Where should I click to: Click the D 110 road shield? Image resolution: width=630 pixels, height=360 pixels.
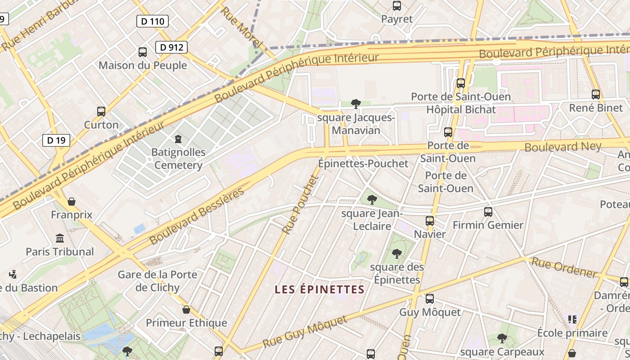[152, 21]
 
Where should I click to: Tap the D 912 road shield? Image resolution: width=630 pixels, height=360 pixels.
[171, 47]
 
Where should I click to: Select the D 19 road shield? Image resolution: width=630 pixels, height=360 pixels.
[56, 140]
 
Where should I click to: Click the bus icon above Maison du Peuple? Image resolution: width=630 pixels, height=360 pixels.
[143, 52]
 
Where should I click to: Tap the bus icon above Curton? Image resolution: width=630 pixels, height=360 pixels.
[101, 111]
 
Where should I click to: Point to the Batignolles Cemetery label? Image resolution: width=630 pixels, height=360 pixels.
[178, 158]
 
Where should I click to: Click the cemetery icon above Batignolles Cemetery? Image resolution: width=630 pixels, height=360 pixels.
[178, 139]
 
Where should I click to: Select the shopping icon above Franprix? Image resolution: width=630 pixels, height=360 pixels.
[71, 202]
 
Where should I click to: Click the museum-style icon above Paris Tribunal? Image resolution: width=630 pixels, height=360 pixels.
[59, 238]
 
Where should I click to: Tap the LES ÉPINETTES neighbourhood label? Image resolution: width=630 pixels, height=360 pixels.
[319, 289]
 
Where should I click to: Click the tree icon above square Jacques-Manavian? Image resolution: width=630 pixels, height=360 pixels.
[356, 104]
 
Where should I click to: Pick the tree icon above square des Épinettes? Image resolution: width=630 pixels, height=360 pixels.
[396, 254]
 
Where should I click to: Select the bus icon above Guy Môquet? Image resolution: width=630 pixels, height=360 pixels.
[430, 299]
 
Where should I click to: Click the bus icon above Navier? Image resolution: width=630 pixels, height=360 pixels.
[430, 221]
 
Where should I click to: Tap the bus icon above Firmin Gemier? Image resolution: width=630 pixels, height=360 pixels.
[488, 211]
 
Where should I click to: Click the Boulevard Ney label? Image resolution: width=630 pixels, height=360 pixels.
[562, 147]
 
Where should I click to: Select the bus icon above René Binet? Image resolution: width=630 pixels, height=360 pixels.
[596, 94]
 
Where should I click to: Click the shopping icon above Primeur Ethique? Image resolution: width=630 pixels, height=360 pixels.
[186, 310]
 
